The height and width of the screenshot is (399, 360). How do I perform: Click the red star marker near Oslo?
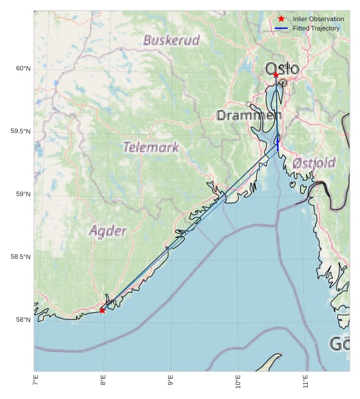pos(276,75)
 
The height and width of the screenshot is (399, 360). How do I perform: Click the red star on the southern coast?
pos(103,310)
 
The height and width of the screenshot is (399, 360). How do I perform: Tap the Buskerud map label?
pos(171,40)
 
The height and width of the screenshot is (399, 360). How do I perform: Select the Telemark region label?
pos(151,147)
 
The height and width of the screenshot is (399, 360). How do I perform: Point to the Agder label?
pos(108,231)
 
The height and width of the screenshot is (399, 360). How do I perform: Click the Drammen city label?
pos(249,115)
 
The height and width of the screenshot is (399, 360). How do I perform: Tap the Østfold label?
pos(314,162)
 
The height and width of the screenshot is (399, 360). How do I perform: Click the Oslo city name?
pos(282,69)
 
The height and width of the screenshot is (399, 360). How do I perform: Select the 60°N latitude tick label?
pos(23,69)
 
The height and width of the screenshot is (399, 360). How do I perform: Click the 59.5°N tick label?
pos(21,132)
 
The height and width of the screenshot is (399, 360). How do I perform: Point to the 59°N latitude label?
pos(23,195)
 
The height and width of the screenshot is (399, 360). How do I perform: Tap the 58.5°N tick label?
pos(21,257)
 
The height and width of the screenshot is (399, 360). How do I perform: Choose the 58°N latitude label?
pos(23,320)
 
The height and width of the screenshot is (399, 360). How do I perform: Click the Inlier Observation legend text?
pos(318,19)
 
